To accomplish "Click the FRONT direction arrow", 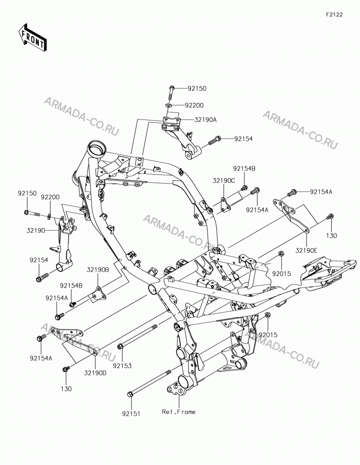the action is click(32, 37).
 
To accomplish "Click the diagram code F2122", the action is click(334, 14).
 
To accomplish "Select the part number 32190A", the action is click(205, 120).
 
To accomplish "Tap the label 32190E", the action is click(306, 251).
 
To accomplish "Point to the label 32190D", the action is click(95, 372).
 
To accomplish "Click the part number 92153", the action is click(122, 366).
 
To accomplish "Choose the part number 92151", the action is click(131, 413).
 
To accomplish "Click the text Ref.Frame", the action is click(179, 412).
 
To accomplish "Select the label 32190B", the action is click(98, 270).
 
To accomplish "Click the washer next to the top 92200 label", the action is click(169, 105).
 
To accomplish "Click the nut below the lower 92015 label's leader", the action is click(267, 315).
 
